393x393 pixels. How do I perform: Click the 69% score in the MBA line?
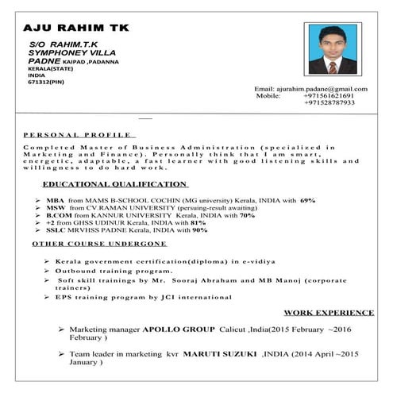pos(308,200)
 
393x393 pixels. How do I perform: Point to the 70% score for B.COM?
pos(247,215)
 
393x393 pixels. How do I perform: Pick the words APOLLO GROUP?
pos(179,329)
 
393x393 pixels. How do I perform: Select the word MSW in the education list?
pos(55,208)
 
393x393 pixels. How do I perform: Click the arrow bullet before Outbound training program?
pos(48,270)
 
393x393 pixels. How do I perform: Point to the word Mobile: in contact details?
pos(268,95)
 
